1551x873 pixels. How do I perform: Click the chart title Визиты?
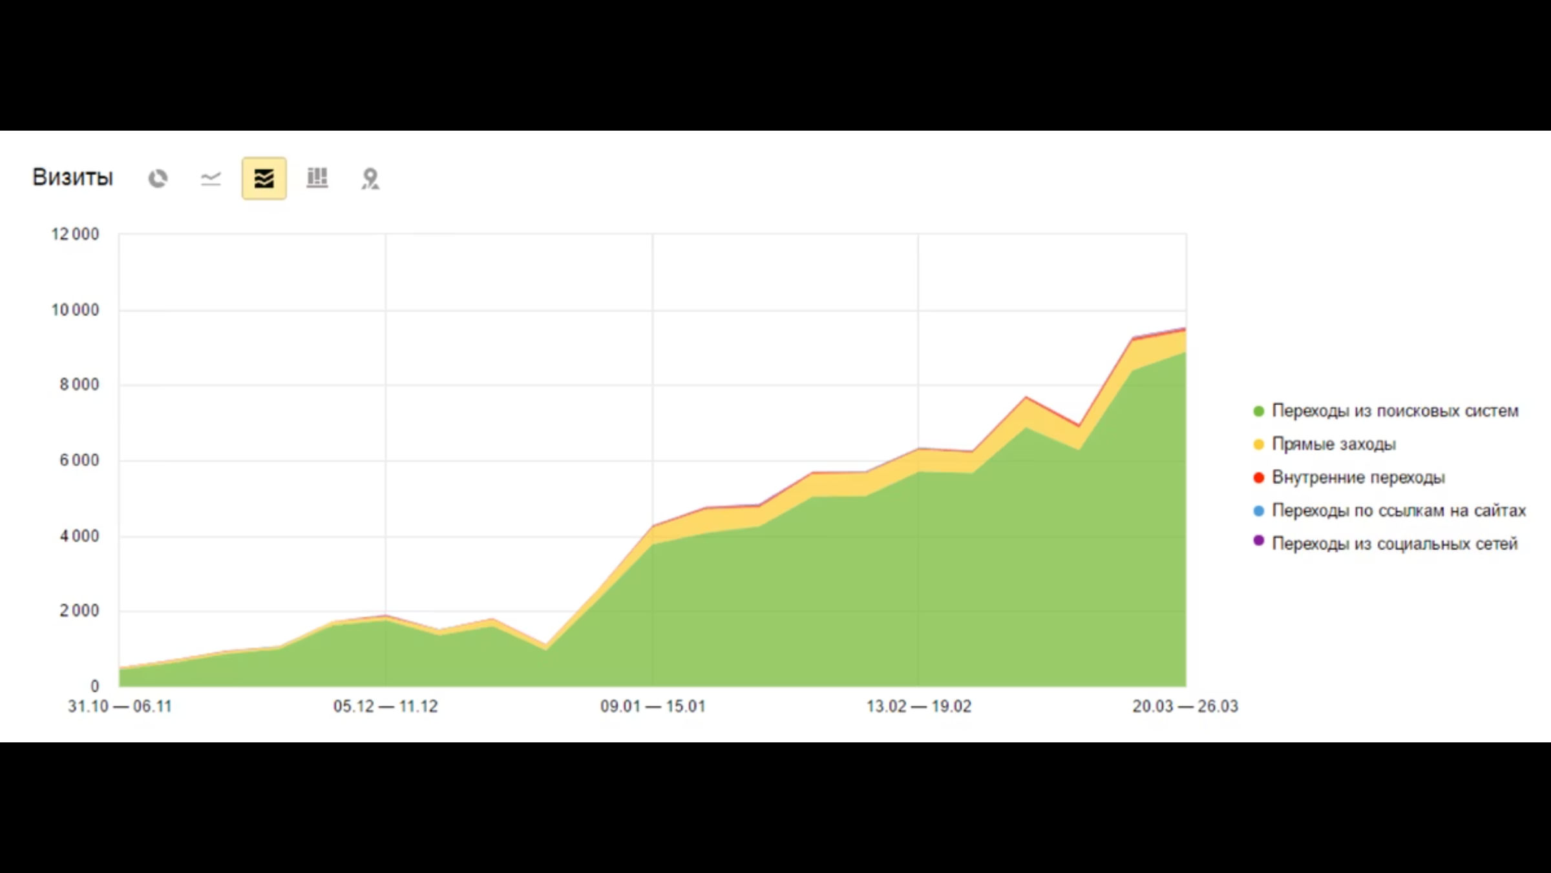[72, 177]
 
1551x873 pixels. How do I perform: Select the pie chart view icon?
[158, 178]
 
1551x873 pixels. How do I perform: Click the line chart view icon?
[211, 178]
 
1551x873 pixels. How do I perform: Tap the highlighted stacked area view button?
[264, 178]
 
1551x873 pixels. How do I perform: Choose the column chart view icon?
[317, 178]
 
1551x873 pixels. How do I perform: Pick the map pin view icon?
[370, 178]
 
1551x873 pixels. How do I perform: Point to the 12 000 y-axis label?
[75, 234]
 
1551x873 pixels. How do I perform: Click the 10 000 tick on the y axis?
[75, 310]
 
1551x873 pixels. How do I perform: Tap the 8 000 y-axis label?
[79, 385]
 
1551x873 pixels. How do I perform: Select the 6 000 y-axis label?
[79, 460]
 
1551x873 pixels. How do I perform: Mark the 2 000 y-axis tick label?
[79, 611]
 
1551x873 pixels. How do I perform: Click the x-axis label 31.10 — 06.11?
[120, 706]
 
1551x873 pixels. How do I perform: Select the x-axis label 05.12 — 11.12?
[386, 706]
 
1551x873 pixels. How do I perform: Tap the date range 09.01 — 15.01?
[653, 706]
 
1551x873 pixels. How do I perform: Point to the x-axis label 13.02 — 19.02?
[919, 706]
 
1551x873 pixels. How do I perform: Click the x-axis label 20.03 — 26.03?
[1185, 706]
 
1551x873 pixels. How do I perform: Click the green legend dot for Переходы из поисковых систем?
[1258, 411]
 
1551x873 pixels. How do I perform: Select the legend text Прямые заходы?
[1334, 444]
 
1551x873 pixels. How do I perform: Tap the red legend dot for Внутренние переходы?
[1258, 478]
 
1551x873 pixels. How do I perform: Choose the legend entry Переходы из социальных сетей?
[1395, 544]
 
